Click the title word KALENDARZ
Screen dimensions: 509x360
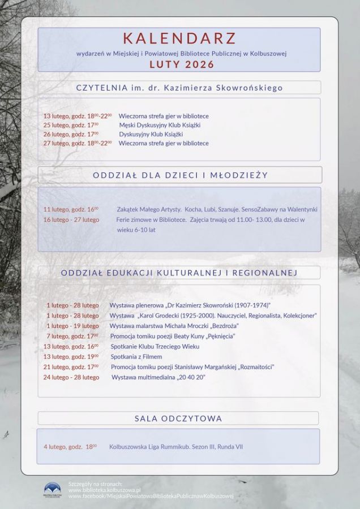point(179,38)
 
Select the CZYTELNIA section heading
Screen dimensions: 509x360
point(179,88)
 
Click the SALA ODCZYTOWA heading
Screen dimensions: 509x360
point(178,419)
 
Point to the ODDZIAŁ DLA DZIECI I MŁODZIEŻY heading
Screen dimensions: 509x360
point(179,175)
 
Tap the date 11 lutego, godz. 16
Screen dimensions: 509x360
point(71,209)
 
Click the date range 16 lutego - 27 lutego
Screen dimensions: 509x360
point(71,219)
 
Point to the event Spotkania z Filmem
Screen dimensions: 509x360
point(136,357)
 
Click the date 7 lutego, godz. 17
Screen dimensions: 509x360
point(73,336)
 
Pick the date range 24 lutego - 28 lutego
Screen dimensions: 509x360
point(71,377)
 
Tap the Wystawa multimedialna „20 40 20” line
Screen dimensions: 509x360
point(158,377)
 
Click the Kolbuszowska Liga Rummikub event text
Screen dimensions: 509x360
point(176,447)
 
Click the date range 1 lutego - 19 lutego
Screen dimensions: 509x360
point(72,326)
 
